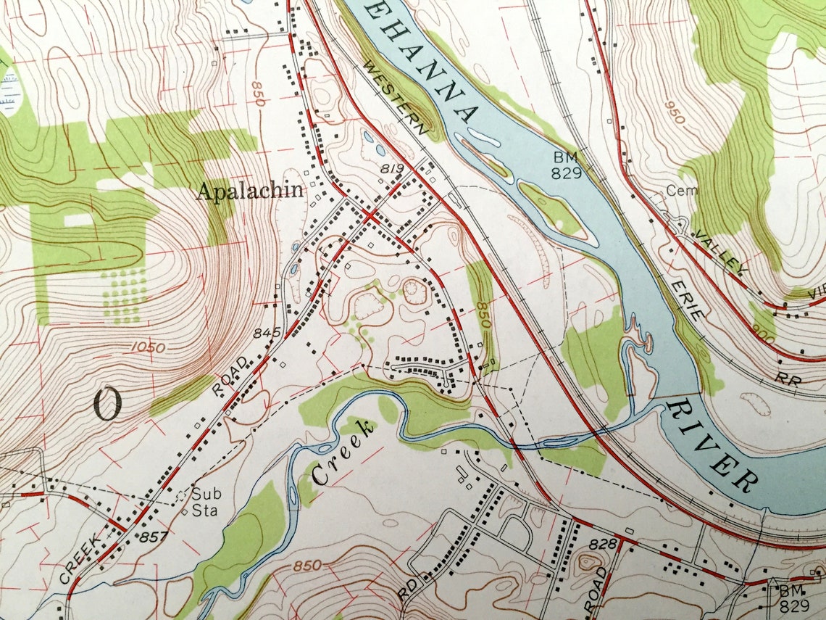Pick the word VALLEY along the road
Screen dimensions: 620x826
tap(719, 255)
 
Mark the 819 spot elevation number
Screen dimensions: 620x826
tap(391, 169)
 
